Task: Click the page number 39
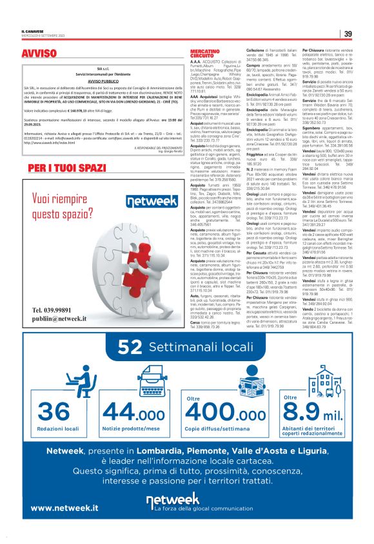[348, 34]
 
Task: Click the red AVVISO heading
[39, 53]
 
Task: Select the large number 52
[129, 348]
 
